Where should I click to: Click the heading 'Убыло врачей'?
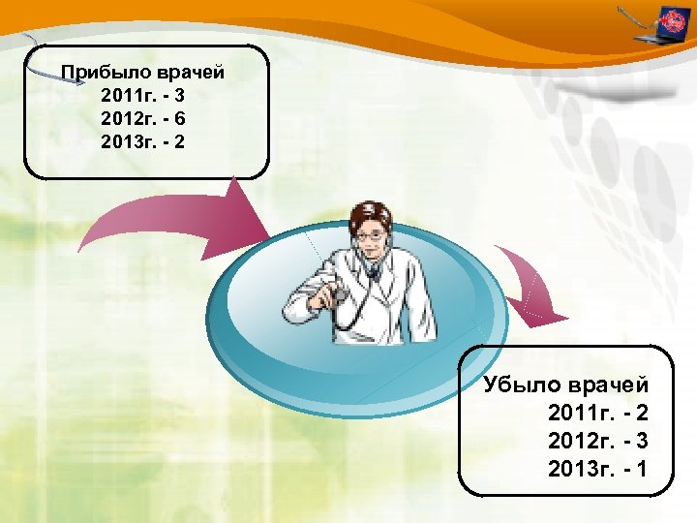[565, 385]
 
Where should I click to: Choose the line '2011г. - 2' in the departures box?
[596, 414]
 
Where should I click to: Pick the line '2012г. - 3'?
[596, 442]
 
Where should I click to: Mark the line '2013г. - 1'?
[596, 470]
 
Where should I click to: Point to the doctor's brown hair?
[367, 211]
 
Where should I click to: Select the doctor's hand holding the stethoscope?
[334, 291]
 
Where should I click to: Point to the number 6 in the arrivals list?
[180, 119]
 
